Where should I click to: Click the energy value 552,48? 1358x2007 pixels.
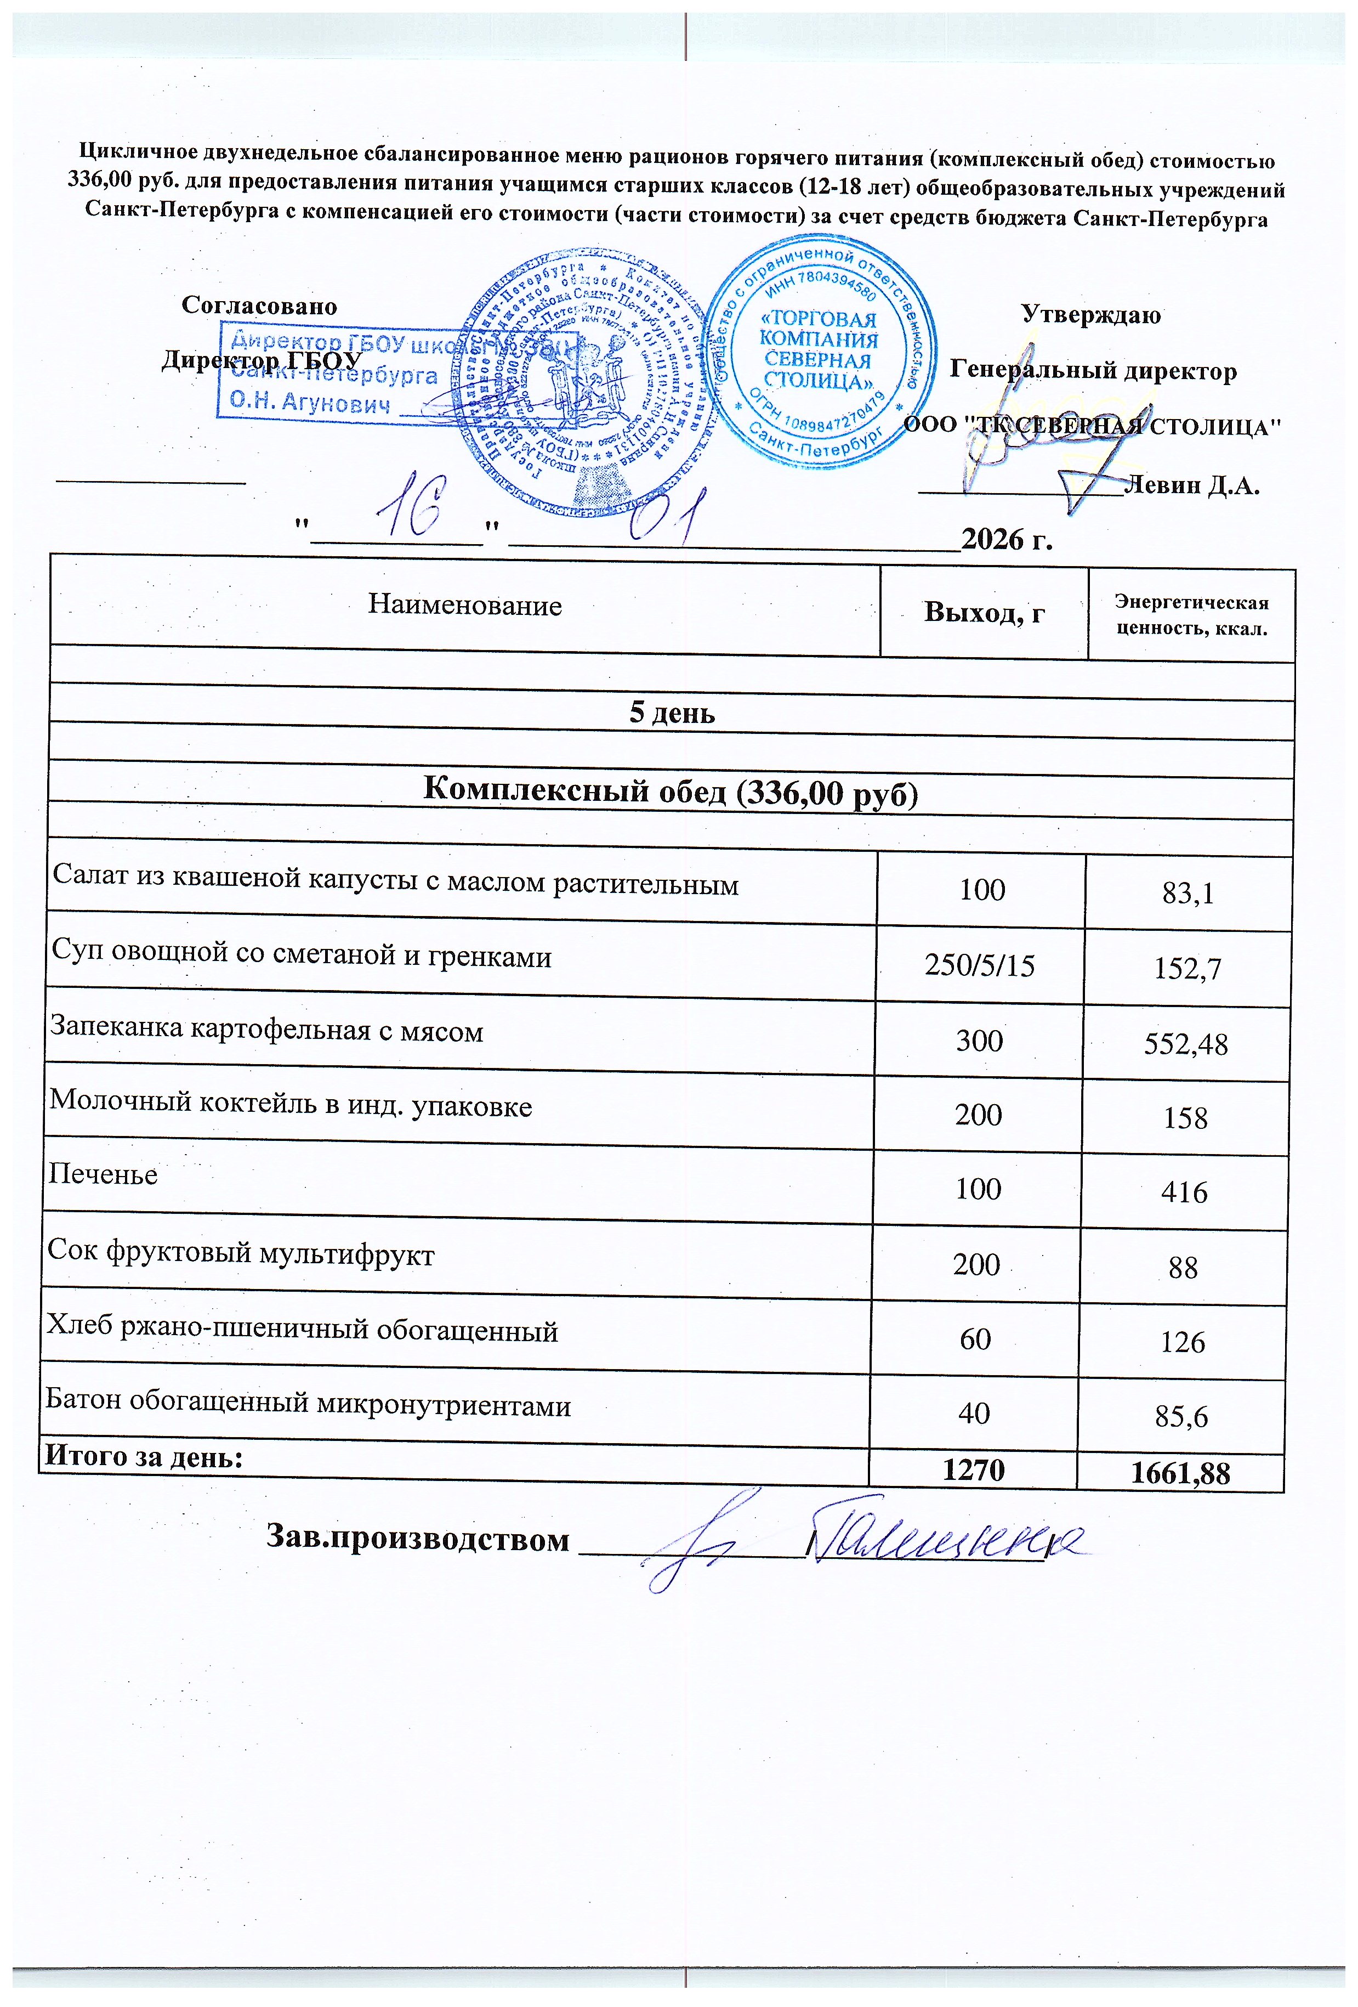(1185, 1044)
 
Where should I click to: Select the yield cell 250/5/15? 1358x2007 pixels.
(979, 965)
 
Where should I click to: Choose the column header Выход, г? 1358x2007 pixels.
(984, 612)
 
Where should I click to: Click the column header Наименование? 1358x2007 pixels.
(464, 604)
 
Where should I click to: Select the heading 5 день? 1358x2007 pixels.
(672, 713)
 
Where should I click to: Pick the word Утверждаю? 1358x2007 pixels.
(1090, 314)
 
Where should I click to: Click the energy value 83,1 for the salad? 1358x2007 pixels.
(1188, 894)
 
